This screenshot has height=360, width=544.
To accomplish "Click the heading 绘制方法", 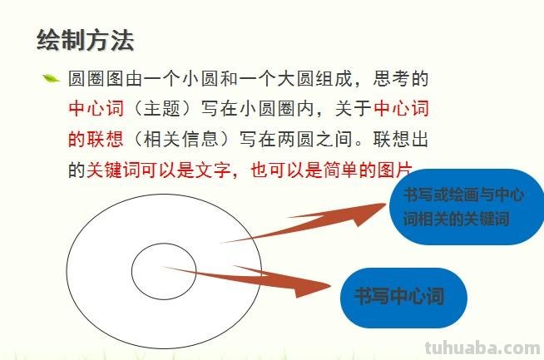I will click(86, 40).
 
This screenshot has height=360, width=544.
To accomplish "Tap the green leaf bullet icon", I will click(51, 80).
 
